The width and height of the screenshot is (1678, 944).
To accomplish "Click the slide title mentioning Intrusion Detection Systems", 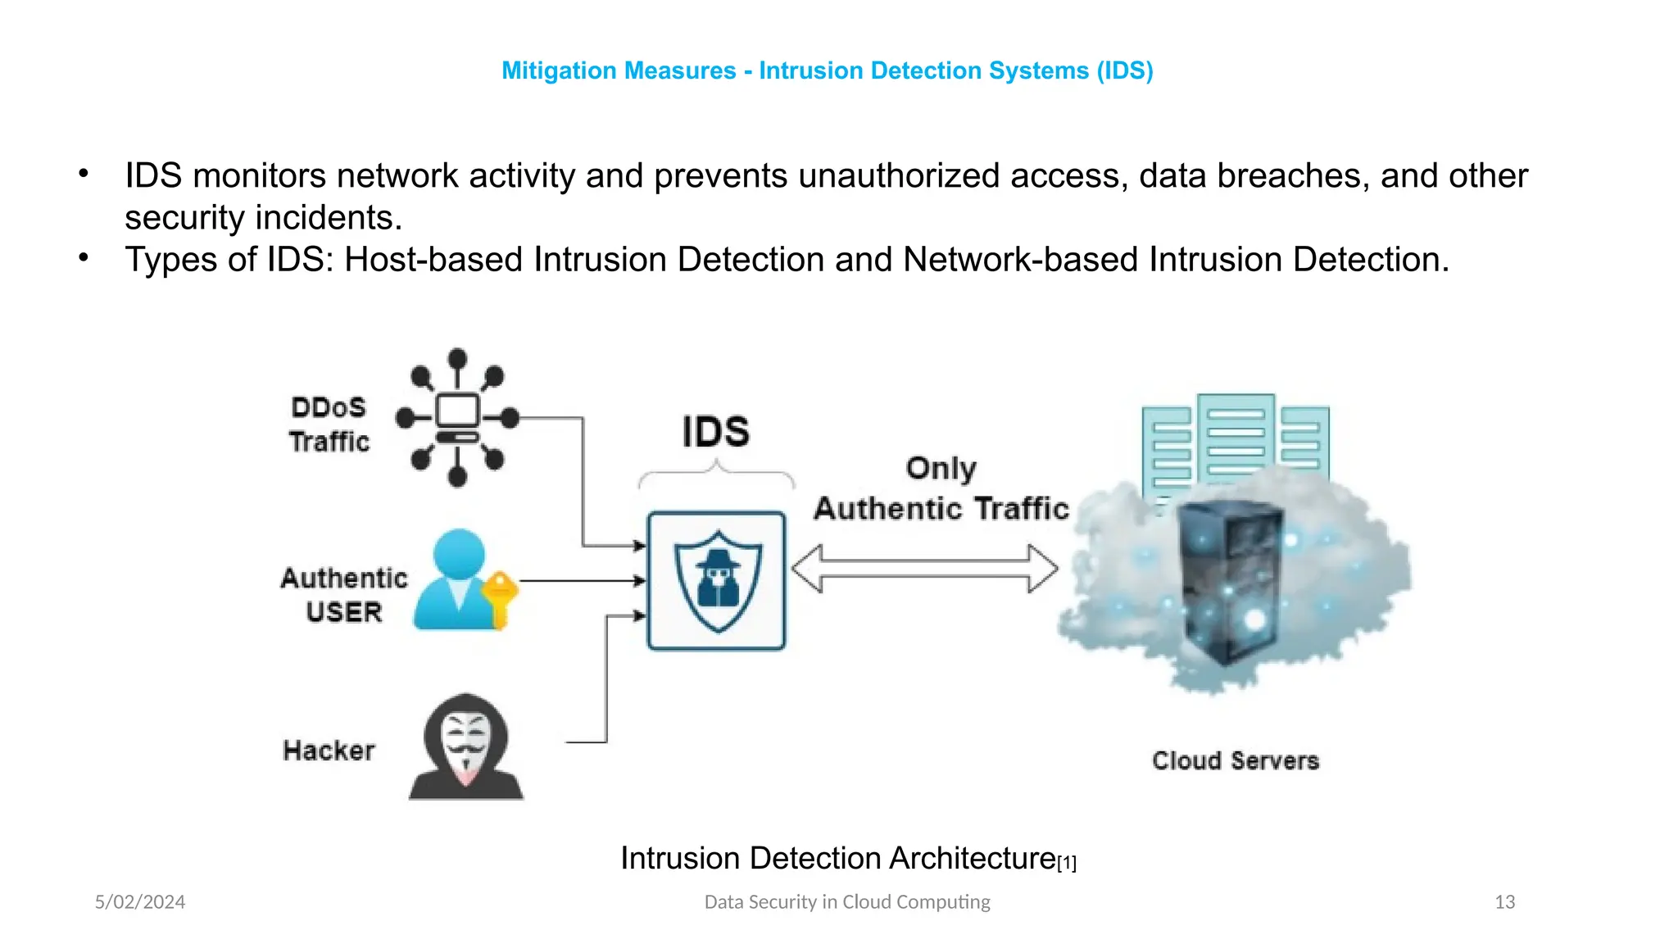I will (827, 70).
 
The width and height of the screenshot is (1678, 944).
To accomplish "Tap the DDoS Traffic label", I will (329, 424).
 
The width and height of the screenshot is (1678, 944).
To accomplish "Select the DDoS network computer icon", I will (457, 416).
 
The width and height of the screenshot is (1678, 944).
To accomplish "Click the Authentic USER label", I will (344, 595).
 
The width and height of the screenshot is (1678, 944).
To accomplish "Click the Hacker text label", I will (329, 751).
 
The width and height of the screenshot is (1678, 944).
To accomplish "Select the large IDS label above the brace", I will (715, 432).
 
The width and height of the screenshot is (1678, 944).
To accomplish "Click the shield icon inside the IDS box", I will (718, 581).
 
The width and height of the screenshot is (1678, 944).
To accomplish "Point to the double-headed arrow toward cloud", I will (924, 569).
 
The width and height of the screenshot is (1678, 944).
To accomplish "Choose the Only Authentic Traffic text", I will (941, 489).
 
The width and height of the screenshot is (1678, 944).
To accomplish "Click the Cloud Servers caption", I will (1235, 760).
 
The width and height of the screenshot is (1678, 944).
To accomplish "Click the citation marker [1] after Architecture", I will (1067, 863).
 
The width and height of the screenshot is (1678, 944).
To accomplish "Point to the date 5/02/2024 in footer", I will (140, 902).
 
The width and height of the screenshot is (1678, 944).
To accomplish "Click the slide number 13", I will (1504, 902).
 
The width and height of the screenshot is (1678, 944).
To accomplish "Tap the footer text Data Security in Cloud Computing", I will (847, 902).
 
